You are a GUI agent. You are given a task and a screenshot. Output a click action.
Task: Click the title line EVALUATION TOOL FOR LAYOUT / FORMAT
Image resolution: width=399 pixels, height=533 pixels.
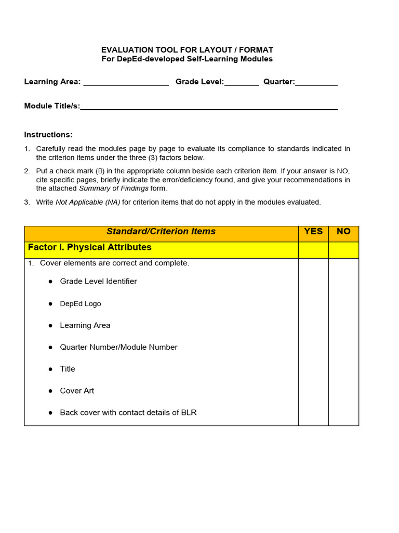point(187,50)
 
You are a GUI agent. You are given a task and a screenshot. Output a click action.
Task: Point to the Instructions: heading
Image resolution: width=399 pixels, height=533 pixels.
point(48,135)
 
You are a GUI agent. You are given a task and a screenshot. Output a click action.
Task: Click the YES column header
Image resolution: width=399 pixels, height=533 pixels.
point(313,232)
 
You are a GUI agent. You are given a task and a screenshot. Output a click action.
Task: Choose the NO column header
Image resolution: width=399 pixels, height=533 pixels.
point(343,232)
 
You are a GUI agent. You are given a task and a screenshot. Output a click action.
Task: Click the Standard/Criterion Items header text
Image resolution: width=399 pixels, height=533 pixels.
point(161,232)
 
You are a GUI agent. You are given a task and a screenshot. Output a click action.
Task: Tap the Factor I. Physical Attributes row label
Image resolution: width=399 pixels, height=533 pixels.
point(90,247)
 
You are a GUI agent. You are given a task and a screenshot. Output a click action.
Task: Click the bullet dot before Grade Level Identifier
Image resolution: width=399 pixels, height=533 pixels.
point(50,282)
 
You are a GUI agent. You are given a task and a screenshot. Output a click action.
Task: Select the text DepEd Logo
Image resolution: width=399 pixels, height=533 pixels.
point(81,303)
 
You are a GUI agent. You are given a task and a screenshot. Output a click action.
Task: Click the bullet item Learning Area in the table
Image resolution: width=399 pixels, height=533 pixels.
point(85,325)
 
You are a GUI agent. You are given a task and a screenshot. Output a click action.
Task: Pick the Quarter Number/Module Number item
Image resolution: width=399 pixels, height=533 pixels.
point(118,347)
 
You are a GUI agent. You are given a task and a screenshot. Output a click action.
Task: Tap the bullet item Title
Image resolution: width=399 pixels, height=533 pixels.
point(68,369)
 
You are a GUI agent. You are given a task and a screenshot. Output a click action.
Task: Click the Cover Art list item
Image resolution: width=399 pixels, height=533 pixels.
point(77,391)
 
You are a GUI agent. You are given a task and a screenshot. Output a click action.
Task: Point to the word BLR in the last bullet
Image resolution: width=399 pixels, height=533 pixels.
point(189,413)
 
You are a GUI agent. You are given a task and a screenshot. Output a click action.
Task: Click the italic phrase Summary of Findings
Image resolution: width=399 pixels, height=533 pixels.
point(113,188)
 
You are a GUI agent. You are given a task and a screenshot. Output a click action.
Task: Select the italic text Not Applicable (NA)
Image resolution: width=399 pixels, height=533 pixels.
point(88,202)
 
